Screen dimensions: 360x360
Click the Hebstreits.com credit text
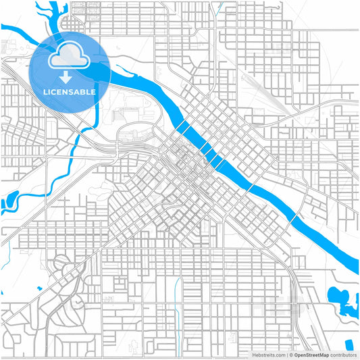pos(268,354)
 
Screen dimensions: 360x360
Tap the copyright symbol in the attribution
pos(291,354)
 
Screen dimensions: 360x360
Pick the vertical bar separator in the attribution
pos(287,354)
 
